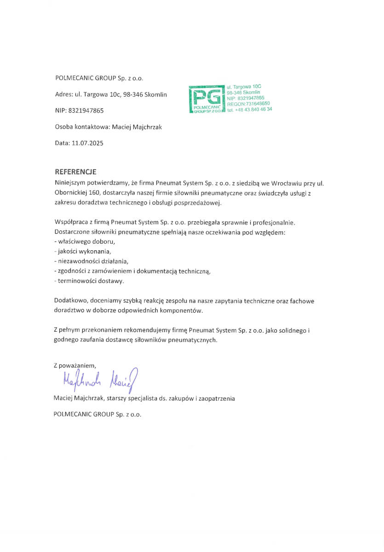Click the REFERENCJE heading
(x=75, y=172)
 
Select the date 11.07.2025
(x=88, y=143)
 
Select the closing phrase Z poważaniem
(x=75, y=366)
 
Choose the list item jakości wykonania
(x=84, y=251)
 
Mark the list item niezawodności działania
(x=92, y=261)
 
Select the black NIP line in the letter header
(x=79, y=111)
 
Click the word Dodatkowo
(x=70, y=300)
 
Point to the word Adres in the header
(x=63, y=95)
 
